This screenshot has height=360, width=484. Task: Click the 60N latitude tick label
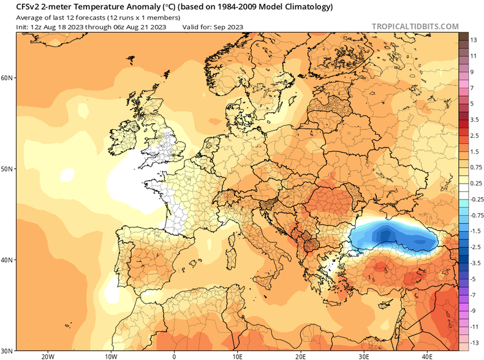(7, 78)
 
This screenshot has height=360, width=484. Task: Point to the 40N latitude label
(7, 260)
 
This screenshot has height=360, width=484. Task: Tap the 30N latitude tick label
(7, 350)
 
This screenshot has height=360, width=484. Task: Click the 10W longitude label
(110, 355)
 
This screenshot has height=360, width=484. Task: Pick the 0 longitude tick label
(174, 355)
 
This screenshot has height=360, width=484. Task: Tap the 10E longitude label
(237, 355)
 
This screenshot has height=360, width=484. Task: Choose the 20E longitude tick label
(300, 355)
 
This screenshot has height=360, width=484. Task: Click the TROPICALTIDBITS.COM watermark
(415, 27)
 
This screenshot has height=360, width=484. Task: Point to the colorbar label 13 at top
(474, 40)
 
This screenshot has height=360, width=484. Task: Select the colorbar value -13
(474, 342)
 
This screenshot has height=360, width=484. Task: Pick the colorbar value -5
(474, 279)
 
